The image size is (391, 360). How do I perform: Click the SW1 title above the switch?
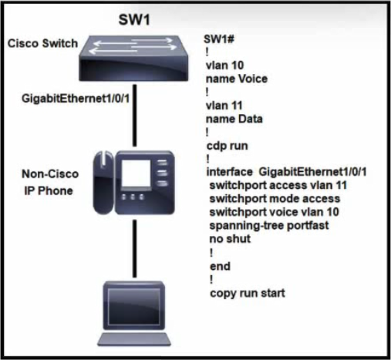pos(134,19)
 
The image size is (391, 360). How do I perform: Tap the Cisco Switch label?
pos(42,43)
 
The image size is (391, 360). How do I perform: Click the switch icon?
pos(133,59)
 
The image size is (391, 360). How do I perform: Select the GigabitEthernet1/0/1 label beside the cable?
pos(76,99)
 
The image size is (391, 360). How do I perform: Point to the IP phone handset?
pos(103,183)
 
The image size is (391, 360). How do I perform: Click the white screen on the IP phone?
pos(136,173)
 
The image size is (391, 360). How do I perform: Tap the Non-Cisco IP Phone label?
pos(50,183)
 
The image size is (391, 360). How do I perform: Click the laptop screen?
pos(133,306)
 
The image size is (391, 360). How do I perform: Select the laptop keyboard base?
pos(134,339)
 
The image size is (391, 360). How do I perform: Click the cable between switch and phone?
pos(134,116)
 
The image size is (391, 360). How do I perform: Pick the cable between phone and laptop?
pos(134,248)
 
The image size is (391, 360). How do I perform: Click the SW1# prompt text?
pos(219,39)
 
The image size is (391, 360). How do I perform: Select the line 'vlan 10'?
pos(224,66)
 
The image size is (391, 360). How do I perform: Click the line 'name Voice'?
pos(237,79)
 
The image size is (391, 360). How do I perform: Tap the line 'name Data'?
pos(234,119)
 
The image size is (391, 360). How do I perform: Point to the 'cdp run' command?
pos(228,146)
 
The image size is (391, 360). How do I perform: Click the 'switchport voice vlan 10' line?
pos(275,212)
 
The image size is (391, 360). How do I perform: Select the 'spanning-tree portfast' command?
pos(269,226)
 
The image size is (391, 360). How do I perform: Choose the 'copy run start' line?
pos(248,293)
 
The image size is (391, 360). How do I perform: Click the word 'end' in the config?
pos(220,266)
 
